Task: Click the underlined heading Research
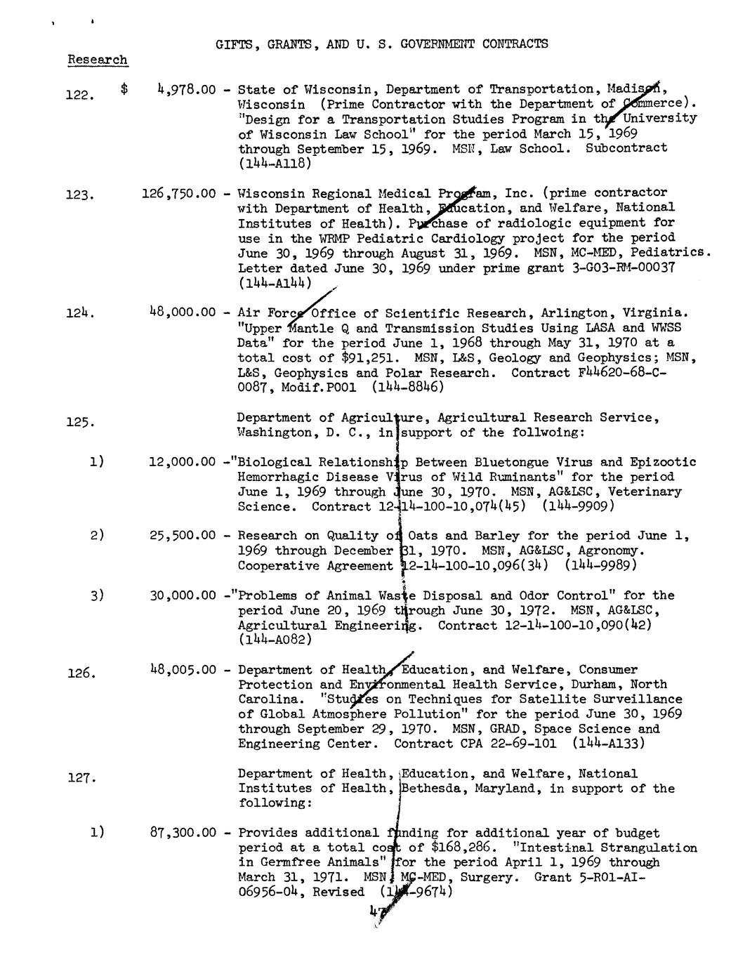coord(98,60)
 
